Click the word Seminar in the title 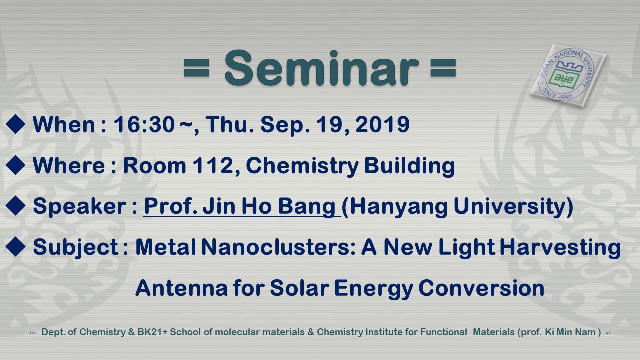coord(322,68)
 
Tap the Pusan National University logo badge coord(568,76)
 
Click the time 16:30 coord(144,125)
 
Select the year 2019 coord(383,125)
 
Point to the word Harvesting coord(560,247)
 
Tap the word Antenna coord(181,288)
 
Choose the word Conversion coord(481,288)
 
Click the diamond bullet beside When coord(15,124)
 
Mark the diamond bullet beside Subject coord(15,247)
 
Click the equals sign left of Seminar coord(197,68)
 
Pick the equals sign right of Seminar coord(443,68)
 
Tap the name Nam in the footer coord(587,332)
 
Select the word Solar coord(299,288)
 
